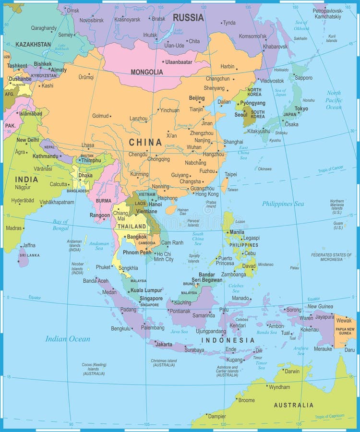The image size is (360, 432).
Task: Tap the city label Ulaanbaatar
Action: pos(179,62)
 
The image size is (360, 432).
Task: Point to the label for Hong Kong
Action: pos(207,194)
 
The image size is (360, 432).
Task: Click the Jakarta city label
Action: pos(164,344)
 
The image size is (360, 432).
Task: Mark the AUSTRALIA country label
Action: pos(293,405)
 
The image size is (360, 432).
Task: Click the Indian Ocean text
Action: pos(68,339)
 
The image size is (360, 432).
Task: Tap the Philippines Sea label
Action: pos(283,204)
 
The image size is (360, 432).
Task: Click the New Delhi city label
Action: pos(28,140)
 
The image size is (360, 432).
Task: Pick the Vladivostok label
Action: pos(272,81)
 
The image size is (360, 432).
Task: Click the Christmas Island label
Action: pos(164,362)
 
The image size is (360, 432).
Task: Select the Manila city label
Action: pos(237,232)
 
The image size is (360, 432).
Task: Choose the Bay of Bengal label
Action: pos(60,225)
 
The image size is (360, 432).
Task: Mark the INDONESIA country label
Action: pos(228,340)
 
